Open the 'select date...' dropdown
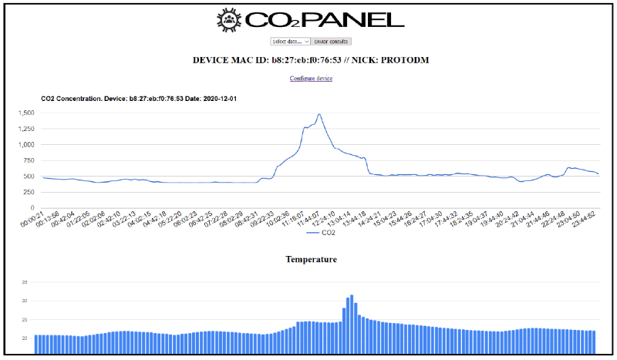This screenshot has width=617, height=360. pos(290,41)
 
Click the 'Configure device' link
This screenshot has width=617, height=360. pos(311,79)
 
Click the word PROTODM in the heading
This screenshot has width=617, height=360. pos(403,59)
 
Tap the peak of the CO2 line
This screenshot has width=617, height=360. pos(319,114)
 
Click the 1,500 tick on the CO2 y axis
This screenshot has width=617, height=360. pos(27,113)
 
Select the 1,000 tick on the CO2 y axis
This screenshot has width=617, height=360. pos(27,144)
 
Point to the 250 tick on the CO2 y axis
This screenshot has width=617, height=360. pos(30,192)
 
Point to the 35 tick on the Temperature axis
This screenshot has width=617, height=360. pos(25,282)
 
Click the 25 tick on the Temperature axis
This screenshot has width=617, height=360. pos(25,319)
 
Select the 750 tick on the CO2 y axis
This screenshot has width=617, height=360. pos(30,160)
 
